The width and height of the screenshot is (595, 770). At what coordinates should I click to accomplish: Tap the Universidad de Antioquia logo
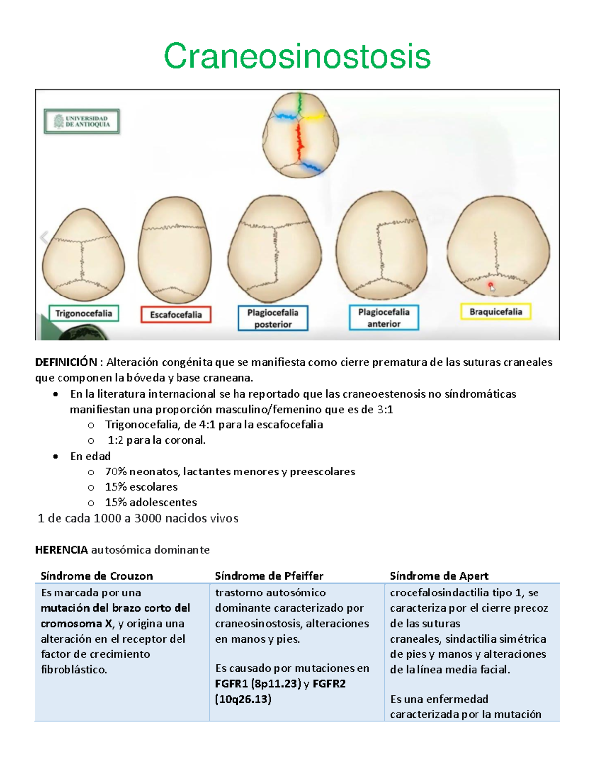(x=82, y=121)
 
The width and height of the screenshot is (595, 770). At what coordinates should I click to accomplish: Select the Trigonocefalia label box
(x=83, y=314)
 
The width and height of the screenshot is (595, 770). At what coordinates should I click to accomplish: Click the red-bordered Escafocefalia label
(x=176, y=315)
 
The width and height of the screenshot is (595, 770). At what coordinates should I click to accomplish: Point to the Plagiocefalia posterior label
(x=273, y=318)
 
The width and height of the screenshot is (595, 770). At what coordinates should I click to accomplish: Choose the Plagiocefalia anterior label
(x=384, y=318)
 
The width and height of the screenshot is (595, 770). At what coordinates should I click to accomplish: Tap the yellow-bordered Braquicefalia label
(x=495, y=312)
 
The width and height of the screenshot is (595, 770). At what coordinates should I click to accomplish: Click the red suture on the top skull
(x=299, y=142)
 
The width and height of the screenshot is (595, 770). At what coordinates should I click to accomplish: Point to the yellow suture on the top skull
(x=313, y=118)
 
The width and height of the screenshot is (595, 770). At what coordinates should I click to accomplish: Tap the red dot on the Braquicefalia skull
(x=490, y=285)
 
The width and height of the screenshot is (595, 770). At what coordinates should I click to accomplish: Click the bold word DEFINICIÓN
(x=65, y=362)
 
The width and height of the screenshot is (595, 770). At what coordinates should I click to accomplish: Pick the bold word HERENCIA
(x=61, y=550)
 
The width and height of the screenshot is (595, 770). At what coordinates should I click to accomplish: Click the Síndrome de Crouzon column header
(x=97, y=576)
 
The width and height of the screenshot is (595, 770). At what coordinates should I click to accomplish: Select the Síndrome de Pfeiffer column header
(x=269, y=576)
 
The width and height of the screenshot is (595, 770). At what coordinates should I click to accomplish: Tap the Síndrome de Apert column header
(x=439, y=576)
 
